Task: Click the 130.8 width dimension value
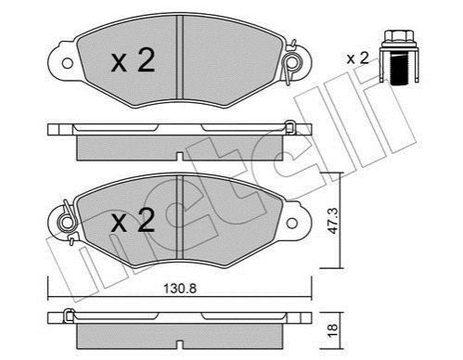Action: pyautogui.click(x=180, y=289)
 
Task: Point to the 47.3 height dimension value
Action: pyautogui.click(x=333, y=221)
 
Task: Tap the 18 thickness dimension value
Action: pyautogui.click(x=333, y=331)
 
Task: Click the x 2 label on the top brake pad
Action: pyautogui.click(x=133, y=61)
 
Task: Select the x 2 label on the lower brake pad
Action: pyautogui.click(x=133, y=221)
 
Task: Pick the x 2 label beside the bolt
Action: pyautogui.click(x=358, y=58)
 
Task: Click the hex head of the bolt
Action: pyautogui.click(x=399, y=36)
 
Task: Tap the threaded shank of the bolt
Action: pyautogui.click(x=399, y=69)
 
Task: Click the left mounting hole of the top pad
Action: pyautogui.click(x=67, y=63)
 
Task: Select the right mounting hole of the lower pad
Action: pyautogui.click(x=292, y=223)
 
